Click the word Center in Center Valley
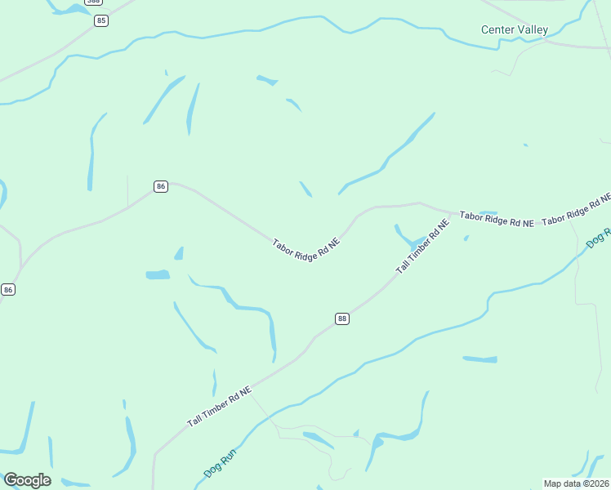click(497, 30)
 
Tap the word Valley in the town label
click(532, 30)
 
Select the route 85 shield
click(100, 20)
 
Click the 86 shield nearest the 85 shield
click(160, 186)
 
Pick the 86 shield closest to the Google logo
click(8, 289)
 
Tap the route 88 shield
click(342, 318)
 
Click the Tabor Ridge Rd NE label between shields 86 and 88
click(305, 254)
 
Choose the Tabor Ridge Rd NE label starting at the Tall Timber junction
click(497, 219)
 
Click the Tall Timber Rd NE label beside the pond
click(422, 247)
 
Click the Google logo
click(27, 480)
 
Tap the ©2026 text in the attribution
click(594, 483)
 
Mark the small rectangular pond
click(158, 274)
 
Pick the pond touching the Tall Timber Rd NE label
click(406, 238)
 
